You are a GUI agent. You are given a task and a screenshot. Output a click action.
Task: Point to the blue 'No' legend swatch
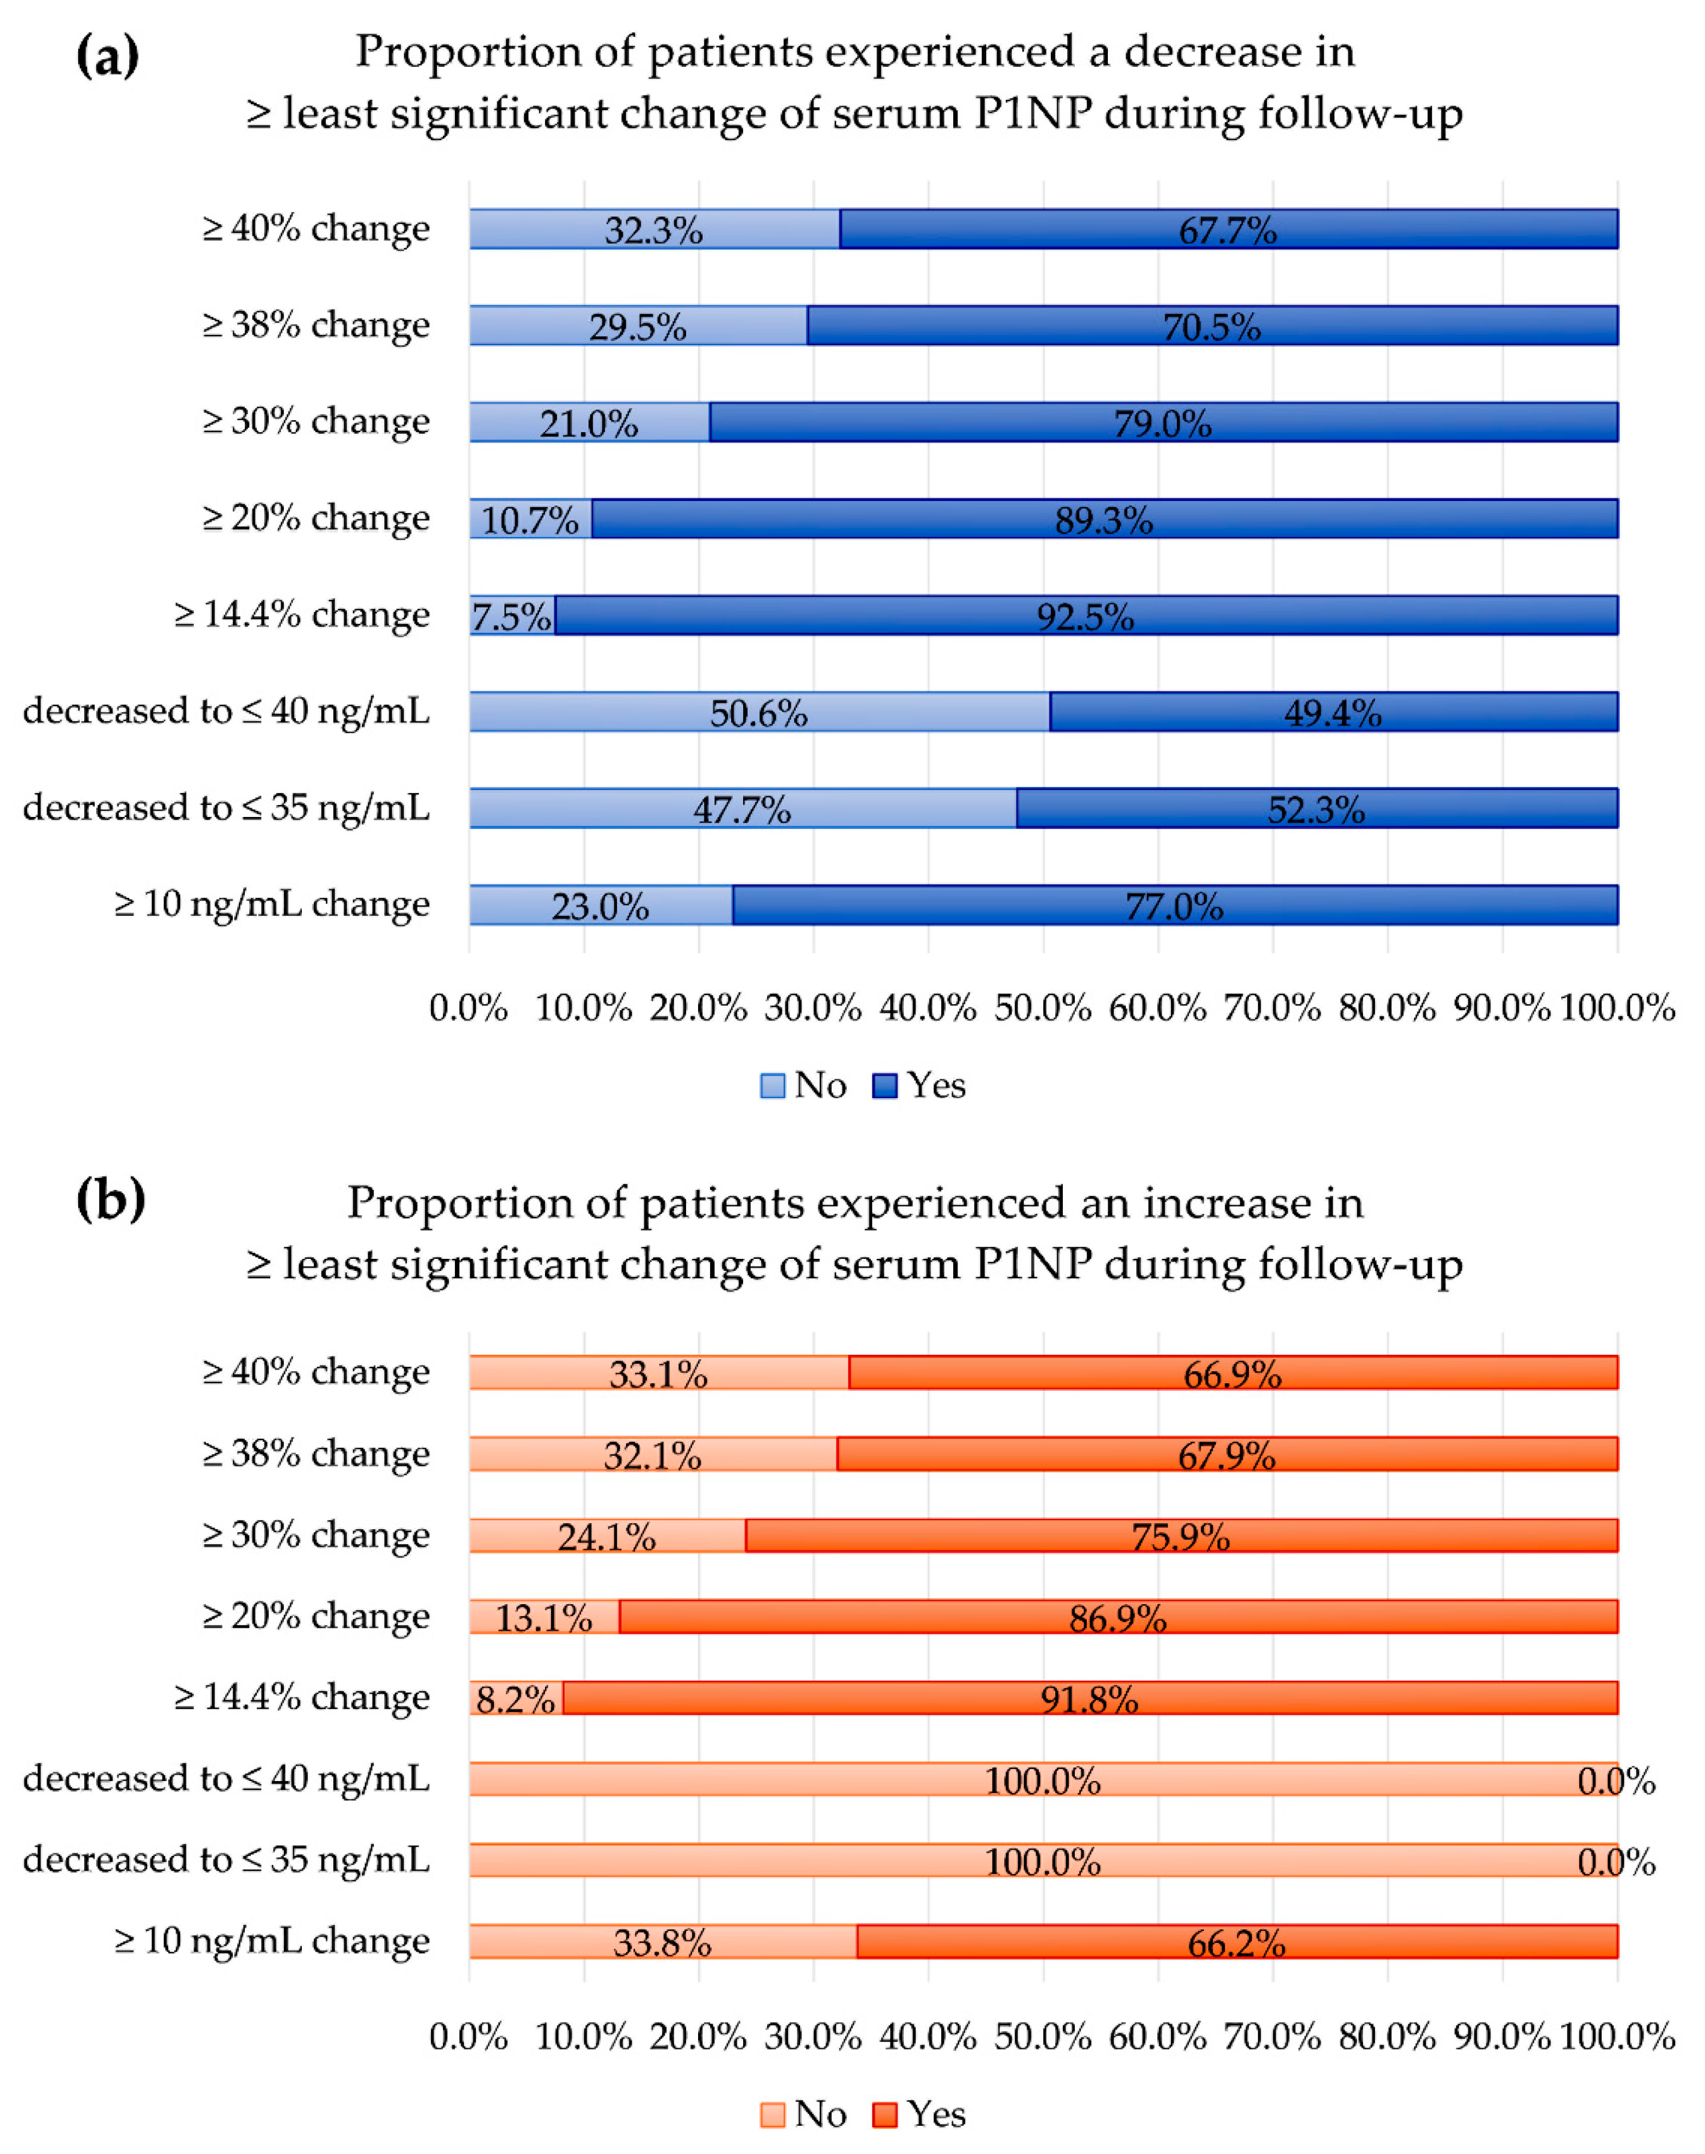(772, 1085)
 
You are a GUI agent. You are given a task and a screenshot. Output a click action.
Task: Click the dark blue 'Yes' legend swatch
(884, 1085)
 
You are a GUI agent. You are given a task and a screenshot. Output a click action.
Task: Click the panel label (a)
(108, 57)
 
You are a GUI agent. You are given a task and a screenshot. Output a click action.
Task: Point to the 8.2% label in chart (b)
(515, 1699)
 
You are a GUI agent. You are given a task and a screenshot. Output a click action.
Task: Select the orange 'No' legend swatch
(772, 2114)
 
